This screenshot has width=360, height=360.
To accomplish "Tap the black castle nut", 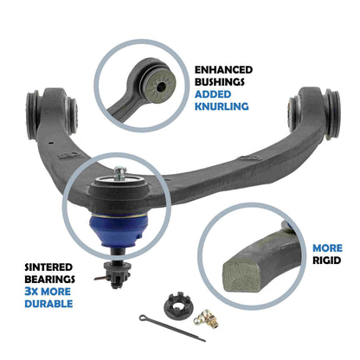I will (x=172, y=306).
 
